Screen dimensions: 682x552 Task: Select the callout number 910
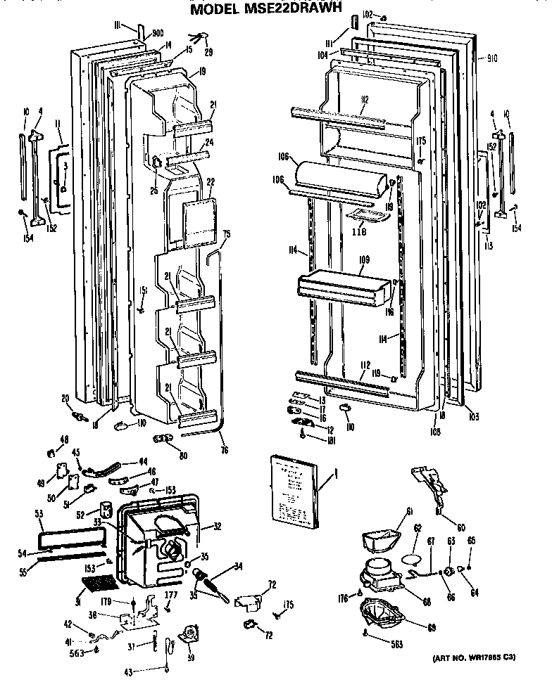[x=491, y=60]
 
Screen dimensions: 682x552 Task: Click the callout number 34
[x=239, y=566]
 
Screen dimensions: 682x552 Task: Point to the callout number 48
[x=65, y=439]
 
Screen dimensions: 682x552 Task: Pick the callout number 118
[x=362, y=229]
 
